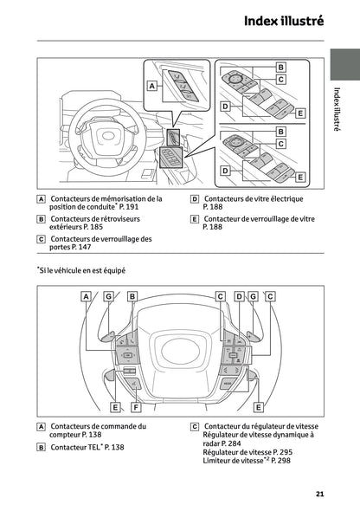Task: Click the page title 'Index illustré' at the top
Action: click(x=283, y=21)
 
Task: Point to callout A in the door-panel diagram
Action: click(x=152, y=86)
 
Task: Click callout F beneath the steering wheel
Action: click(x=136, y=406)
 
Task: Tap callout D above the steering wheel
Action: click(x=239, y=296)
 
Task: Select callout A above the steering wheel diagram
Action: click(x=87, y=296)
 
